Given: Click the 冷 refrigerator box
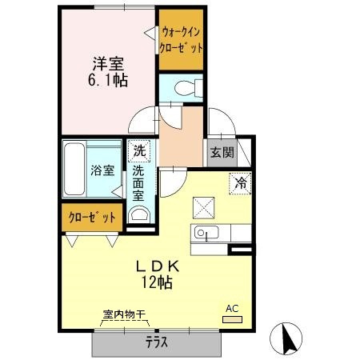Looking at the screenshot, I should point(240,182).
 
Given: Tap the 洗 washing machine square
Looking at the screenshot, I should point(140,150).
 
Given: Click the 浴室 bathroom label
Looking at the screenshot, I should point(102,170).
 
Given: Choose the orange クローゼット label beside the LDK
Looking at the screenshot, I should point(91,217).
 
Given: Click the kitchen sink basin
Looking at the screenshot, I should point(204,234).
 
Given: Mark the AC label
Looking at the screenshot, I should point(232,307).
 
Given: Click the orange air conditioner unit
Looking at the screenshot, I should point(232,319).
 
